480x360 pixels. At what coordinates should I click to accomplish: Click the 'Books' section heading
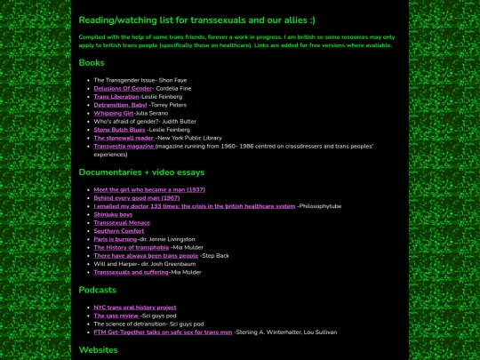pyautogui.click(x=92, y=63)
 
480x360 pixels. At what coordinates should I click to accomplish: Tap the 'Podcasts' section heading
pyautogui.click(x=97, y=290)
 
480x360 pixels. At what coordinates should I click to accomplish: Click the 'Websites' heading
pyautogui.click(x=98, y=350)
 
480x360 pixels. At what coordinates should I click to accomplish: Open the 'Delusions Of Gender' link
pyautogui.click(x=123, y=88)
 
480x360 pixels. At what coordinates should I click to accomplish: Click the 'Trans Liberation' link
pyautogui.click(x=116, y=96)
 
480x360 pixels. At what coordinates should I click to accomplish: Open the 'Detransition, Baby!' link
pyautogui.click(x=120, y=105)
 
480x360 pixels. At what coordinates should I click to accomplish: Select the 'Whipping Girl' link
pyautogui.click(x=113, y=113)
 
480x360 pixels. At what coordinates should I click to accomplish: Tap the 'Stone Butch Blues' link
pyautogui.click(x=119, y=130)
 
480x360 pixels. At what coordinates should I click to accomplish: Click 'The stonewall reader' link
pyautogui.click(x=124, y=138)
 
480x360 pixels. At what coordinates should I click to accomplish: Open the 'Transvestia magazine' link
pyautogui.click(x=124, y=146)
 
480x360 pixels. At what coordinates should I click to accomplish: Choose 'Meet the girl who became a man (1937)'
pyautogui.click(x=149, y=189)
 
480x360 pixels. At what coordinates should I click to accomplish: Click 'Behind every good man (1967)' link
pyautogui.click(x=136, y=197)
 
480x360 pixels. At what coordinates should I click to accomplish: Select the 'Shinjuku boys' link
pyautogui.click(x=113, y=214)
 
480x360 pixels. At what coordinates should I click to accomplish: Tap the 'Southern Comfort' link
pyautogui.click(x=118, y=231)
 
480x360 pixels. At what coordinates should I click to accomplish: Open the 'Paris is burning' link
pyautogui.click(x=116, y=239)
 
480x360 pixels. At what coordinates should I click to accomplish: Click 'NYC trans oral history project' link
pyautogui.click(x=134, y=308)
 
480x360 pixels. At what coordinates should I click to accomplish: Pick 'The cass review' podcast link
pyautogui.click(x=116, y=316)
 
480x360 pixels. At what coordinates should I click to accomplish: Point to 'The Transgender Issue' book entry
pyautogui.click(x=124, y=80)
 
